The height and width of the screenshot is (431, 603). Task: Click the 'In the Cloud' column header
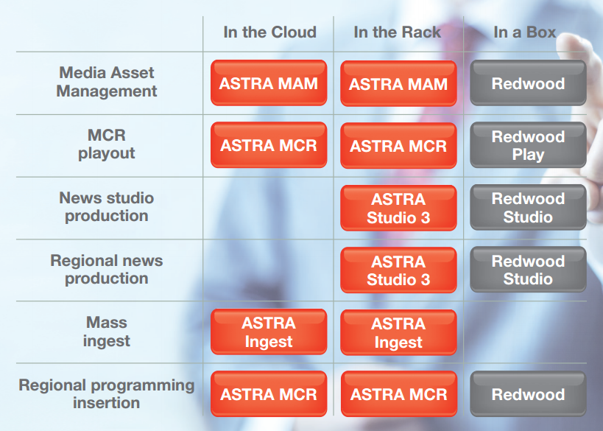pos(270,32)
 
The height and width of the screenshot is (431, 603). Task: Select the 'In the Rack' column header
pos(398,32)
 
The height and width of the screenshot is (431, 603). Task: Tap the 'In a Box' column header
pos(525,32)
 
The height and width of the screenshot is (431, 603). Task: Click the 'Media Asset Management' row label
pos(107,82)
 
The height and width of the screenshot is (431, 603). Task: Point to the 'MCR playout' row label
pos(107,144)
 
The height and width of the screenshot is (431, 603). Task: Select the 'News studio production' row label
pos(107,206)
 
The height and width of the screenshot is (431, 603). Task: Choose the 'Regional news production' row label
pos(107,270)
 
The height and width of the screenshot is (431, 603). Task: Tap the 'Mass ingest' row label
pos(107,332)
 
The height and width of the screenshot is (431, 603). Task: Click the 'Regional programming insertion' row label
pos(107,393)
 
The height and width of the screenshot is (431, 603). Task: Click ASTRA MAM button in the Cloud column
pos(269,83)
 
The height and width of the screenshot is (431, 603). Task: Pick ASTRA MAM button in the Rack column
pos(398,83)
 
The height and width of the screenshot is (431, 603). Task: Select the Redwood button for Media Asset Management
pos(528,83)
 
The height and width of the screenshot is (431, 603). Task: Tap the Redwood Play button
pos(528,145)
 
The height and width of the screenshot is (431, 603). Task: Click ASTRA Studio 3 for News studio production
pos(398,209)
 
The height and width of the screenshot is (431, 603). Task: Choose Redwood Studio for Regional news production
pos(528,270)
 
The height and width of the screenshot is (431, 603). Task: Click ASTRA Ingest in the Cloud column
pos(269,332)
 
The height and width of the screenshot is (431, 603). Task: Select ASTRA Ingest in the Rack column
pos(398,332)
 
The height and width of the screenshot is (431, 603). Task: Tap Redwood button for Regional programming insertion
pos(528,393)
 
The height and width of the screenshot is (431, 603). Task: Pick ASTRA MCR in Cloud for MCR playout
pos(269,144)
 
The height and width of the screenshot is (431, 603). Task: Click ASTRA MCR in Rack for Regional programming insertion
pos(399,393)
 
